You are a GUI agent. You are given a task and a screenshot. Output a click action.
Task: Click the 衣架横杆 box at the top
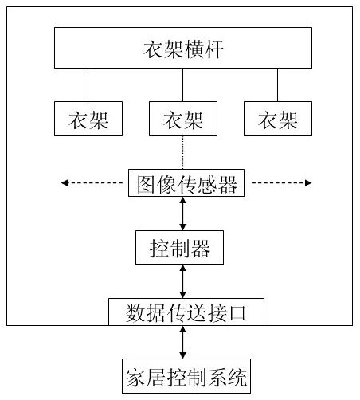(x=183, y=48)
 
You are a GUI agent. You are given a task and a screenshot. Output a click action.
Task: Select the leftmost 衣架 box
(x=88, y=119)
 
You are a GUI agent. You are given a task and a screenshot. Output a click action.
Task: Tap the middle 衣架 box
(x=183, y=119)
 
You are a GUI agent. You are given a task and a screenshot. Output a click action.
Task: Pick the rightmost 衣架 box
(x=278, y=119)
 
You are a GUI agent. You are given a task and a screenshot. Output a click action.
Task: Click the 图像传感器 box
(x=186, y=183)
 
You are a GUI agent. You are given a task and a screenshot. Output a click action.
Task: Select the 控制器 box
(x=179, y=248)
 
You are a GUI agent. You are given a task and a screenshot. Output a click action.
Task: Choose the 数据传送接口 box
(x=186, y=312)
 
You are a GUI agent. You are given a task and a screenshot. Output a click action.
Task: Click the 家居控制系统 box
(x=186, y=376)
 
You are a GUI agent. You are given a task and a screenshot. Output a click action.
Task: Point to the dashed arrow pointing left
(x=92, y=183)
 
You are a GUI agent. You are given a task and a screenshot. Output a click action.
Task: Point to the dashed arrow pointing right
(x=282, y=183)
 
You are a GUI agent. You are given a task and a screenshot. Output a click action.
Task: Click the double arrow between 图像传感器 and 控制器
(x=182, y=214)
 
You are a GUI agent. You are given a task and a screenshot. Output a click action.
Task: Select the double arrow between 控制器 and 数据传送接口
(x=182, y=281)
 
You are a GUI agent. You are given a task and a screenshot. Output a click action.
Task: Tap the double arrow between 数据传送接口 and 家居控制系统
(x=182, y=343)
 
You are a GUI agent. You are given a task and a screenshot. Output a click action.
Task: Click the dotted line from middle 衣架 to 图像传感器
(x=182, y=153)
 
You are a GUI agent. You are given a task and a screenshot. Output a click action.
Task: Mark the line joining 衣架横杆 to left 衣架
(x=88, y=84)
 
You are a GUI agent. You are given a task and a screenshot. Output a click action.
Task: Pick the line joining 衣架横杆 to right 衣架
(x=278, y=84)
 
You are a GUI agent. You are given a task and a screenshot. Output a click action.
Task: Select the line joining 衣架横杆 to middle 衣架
(x=182, y=84)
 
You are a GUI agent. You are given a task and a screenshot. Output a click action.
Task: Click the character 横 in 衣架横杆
(x=194, y=49)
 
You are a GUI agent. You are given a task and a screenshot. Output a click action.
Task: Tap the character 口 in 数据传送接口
(x=237, y=312)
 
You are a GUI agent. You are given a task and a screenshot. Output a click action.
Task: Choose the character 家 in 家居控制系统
(x=136, y=378)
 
